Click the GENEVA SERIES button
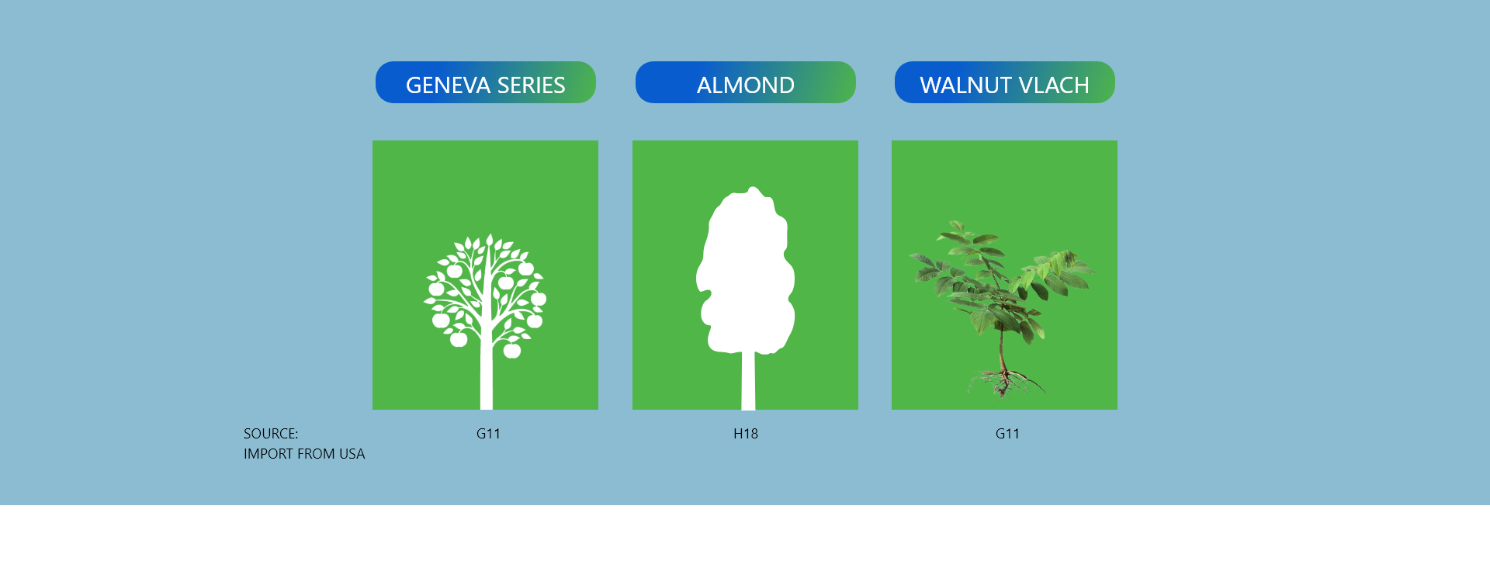[x=486, y=82]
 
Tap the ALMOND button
[x=746, y=82]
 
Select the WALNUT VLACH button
[x=1005, y=82]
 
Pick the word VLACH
[x=1051, y=85]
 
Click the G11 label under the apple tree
[x=488, y=434]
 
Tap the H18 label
[x=746, y=434]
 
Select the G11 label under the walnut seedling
[x=1007, y=434]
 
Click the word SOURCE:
[x=271, y=434]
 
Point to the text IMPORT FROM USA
[x=304, y=454]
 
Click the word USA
[x=352, y=454]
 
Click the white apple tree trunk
[x=487, y=376]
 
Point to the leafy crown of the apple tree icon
[x=485, y=291]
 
